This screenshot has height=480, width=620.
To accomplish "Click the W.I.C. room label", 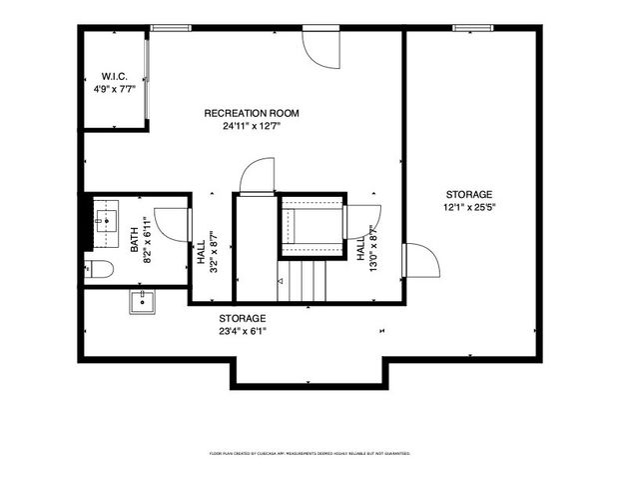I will pyautogui.click(x=112, y=76).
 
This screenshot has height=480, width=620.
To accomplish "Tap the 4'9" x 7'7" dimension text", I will pyautogui.click(x=112, y=88).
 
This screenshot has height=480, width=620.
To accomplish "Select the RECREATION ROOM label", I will pyautogui.click(x=252, y=113).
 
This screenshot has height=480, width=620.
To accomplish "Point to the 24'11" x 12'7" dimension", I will pyautogui.click(x=252, y=126).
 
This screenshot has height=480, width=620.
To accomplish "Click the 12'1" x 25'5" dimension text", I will pyautogui.click(x=469, y=208).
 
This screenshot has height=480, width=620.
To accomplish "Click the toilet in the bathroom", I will pyautogui.click(x=96, y=267).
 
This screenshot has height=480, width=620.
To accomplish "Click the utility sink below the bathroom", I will pyautogui.click(x=143, y=301).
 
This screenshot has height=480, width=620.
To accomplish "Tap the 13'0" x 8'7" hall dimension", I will pyautogui.click(x=366, y=243).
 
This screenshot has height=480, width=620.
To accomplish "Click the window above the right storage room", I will pyautogui.click(x=470, y=27).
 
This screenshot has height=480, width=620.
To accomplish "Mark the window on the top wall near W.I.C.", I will pyautogui.click(x=168, y=27).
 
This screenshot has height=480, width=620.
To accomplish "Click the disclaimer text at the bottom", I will pyautogui.click(x=310, y=453).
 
